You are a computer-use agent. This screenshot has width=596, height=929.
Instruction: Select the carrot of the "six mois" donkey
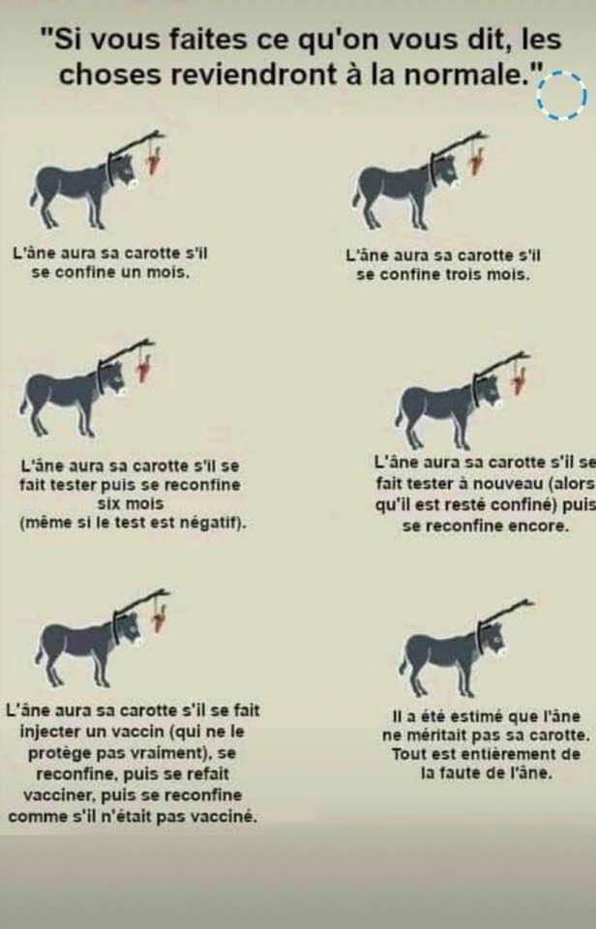[x=144, y=368]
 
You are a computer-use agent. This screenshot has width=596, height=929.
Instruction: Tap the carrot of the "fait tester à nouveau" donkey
[x=520, y=380]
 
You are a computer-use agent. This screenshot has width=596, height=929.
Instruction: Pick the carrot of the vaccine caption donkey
[x=159, y=618]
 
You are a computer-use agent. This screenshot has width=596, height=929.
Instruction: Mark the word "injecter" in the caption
[x=50, y=732]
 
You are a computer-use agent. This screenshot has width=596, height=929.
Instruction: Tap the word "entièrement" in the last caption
[x=509, y=755]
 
